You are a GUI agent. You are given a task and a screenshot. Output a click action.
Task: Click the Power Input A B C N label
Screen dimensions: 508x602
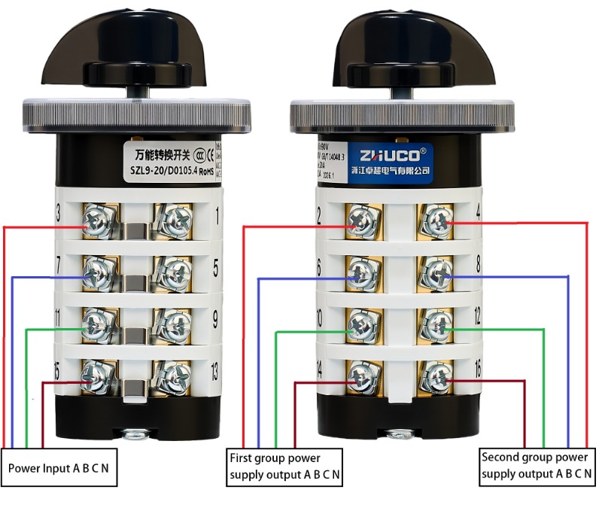pyautogui.click(x=58, y=468)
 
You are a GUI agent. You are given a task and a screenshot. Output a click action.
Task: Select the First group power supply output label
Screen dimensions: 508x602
pyautogui.click(x=284, y=466)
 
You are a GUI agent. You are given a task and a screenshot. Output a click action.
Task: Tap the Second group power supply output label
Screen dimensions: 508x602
pyautogui.click(x=535, y=465)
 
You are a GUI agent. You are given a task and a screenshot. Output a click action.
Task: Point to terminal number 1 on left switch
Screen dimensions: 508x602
pyautogui.click(x=218, y=219)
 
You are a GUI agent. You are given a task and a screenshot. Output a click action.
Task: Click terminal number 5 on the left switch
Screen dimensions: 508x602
pyautogui.click(x=216, y=268)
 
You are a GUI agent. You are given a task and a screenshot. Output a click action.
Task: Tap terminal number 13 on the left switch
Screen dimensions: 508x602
pyautogui.click(x=214, y=370)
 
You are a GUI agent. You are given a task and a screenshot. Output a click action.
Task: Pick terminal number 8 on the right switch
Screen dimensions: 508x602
pyautogui.click(x=478, y=265)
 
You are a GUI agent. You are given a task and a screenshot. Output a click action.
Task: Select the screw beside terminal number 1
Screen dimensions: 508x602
pyautogui.click(x=174, y=221)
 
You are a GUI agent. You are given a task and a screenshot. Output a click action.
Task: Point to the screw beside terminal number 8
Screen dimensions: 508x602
pyautogui.click(x=437, y=272)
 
